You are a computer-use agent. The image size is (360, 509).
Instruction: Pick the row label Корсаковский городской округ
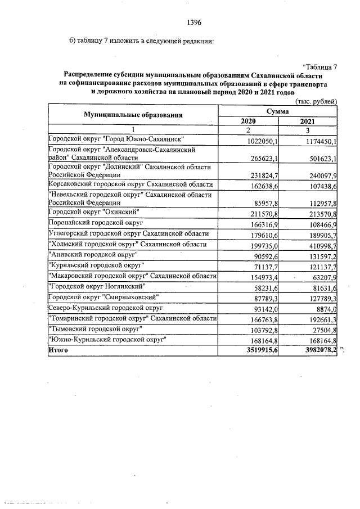pos(130,184)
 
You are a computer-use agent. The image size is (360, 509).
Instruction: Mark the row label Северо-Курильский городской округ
pos(106,308)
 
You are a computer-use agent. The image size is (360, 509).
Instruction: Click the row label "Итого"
pos(58,350)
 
